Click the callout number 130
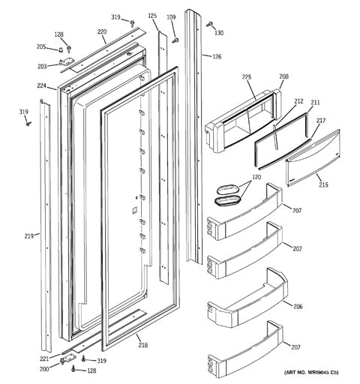point(219,33)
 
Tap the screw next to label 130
point(209,24)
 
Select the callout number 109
point(171,17)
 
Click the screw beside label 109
point(175,40)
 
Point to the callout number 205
point(41,46)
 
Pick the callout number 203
point(42,66)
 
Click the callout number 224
point(41,85)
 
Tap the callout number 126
point(217,57)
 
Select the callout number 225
point(247,77)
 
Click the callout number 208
point(283,76)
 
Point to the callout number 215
point(323,184)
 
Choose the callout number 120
point(256,177)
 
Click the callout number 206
point(298,306)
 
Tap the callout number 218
point(142,345)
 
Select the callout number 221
point(44,358)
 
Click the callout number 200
point(44,368)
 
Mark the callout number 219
point(28,235)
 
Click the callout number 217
point(321,121)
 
